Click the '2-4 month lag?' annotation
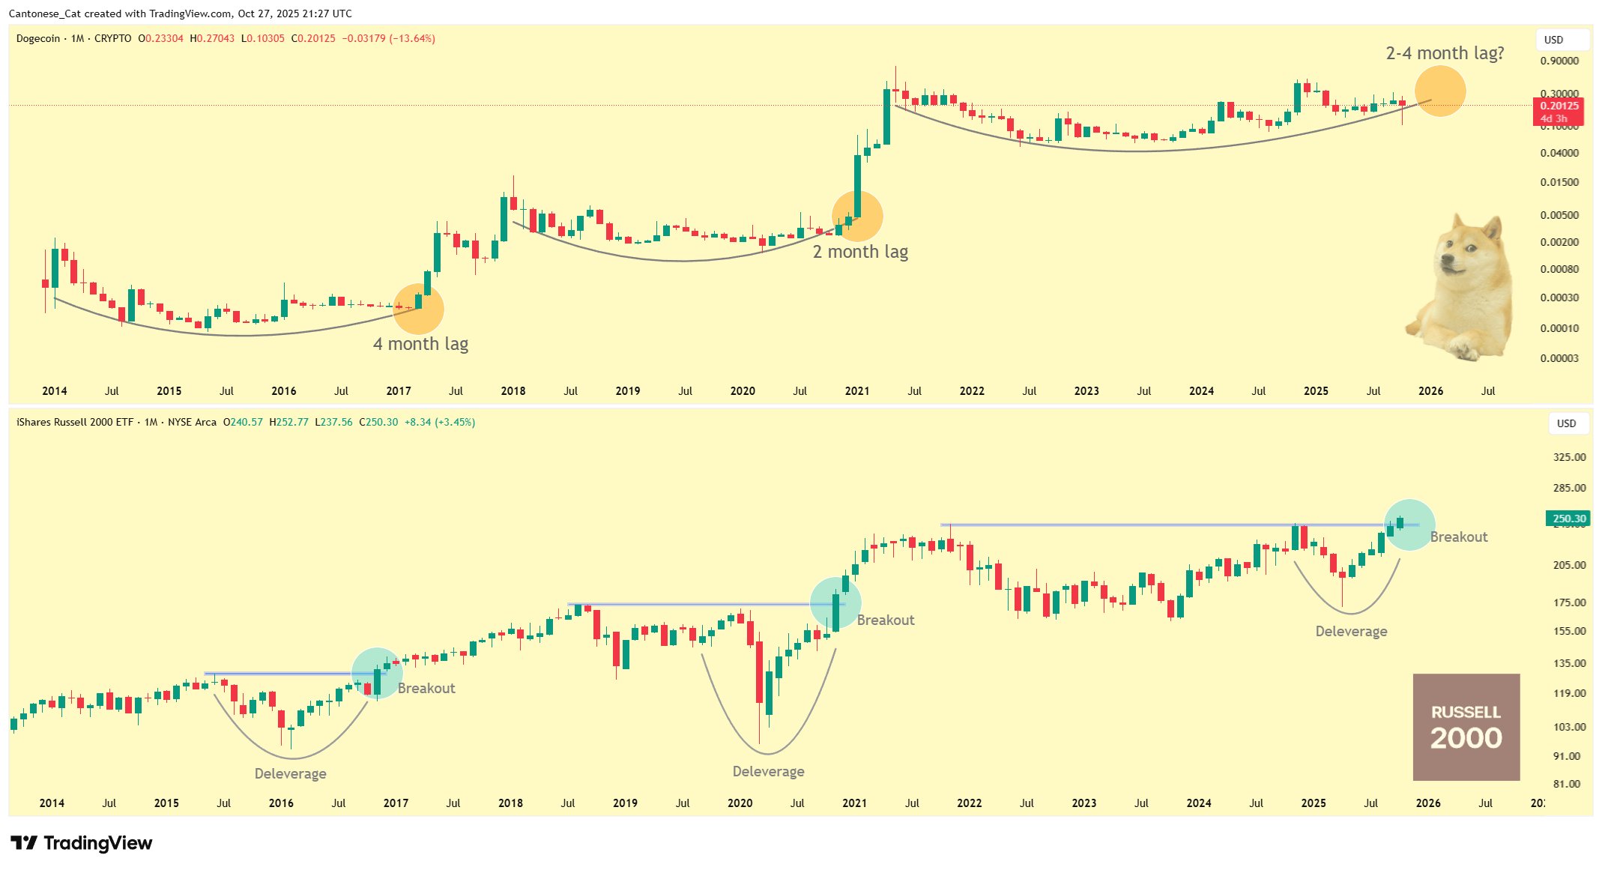[1444, 53]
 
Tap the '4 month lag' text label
[420, 344]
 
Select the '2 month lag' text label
[860, 252]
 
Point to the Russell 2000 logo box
[1466, 726]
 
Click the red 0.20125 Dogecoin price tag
[1562, 106]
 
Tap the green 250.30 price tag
[1568, 519]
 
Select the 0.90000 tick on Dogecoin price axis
[1559, 61]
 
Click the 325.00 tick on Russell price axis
[1569, 457]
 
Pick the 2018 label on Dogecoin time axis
[513, 391]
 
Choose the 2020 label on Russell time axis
[740, 803]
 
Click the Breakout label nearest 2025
[1458, 537]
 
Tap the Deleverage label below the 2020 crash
[768, 772]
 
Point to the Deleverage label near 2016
[290, 774]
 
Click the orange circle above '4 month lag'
[418, 309]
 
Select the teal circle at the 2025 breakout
[1409, 525]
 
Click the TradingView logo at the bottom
[82, 843]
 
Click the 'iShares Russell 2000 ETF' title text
[75, 423]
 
